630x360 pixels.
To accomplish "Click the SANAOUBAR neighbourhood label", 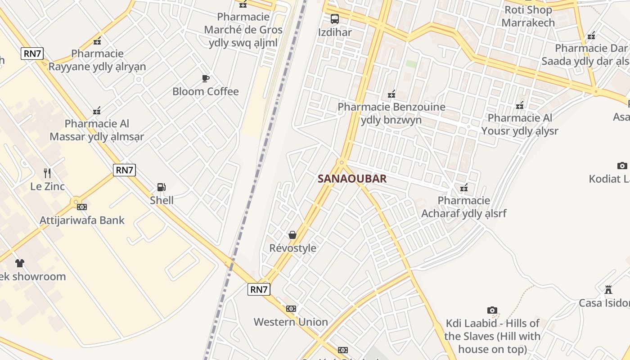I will tap(352, 179).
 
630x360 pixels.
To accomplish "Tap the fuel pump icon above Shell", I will tap(161, 187).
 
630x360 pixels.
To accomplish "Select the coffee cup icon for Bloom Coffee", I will tap(206, 79).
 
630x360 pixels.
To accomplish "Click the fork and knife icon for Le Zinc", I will tap(47, 173).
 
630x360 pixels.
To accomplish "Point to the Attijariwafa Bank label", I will tap(82, 220).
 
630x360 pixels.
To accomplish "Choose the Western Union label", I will tap(291, 322).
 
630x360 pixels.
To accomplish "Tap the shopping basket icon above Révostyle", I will tap(292, 235).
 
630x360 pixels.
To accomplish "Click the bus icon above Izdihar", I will tap(335, 19).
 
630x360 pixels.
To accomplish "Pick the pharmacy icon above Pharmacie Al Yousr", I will tap(520, 105).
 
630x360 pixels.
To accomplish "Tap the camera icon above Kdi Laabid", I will tap(492, 310).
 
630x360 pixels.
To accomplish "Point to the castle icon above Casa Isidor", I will tap(608, 289).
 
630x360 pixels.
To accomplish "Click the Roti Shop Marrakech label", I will tap(528, 16).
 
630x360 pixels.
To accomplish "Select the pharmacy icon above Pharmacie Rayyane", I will tap(97, 41).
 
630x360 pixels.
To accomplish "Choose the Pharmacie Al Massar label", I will tap(97, 130).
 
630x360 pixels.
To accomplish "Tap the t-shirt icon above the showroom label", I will tap(19, 263).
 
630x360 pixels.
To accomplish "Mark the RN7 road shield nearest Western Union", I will tap(259, 289).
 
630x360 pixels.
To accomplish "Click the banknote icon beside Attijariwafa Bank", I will tap(82, 207).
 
